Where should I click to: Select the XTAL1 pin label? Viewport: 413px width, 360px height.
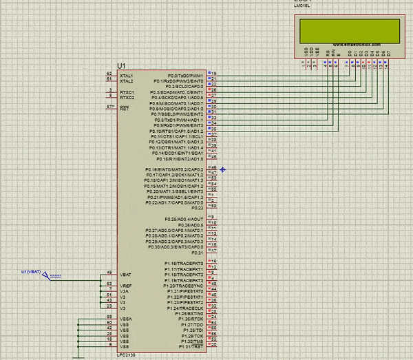pos(127,76)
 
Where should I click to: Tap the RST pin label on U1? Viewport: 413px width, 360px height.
pos(125,109)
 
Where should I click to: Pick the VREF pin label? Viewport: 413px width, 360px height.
pos(127,286)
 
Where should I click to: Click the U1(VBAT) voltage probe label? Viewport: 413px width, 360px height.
pos(32,271)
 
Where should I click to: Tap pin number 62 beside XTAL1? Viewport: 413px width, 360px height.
pos(109,73)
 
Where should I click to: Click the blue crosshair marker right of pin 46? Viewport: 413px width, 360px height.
pos(223,169)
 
